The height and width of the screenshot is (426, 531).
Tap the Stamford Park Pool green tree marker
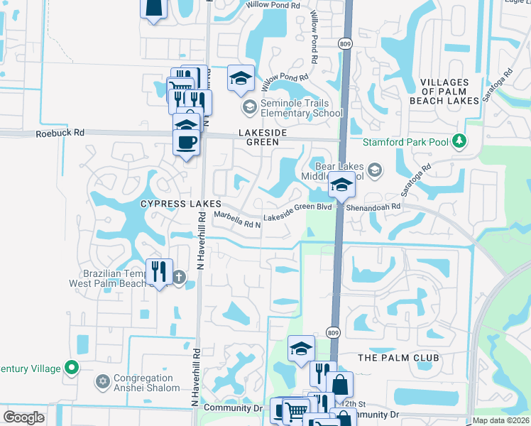click(x=460, y=141)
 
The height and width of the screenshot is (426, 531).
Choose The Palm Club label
click(x=399, y=357)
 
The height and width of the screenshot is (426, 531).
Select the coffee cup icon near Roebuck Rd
click(x=187, y=141)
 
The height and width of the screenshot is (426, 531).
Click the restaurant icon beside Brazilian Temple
click(x=158, y=271)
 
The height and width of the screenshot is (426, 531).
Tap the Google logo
click(x=23, y=417)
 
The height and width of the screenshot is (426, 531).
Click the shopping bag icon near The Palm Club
click(x=341, y=384)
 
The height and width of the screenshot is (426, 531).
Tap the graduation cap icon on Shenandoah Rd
click(x=341, y=186)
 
